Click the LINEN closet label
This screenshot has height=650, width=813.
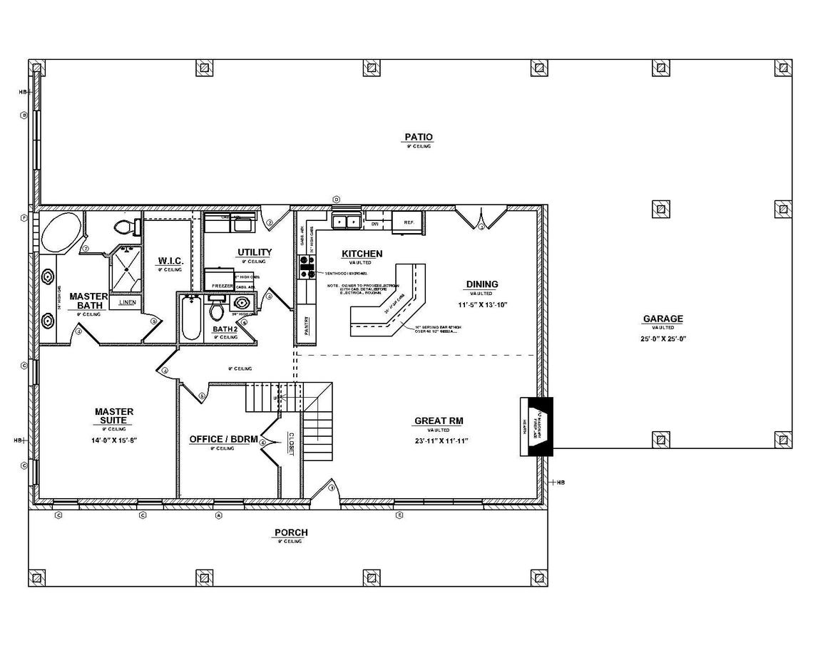coord(127,302)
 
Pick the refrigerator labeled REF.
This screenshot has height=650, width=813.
coord(409,222)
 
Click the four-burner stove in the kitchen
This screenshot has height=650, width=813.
coord(307,267)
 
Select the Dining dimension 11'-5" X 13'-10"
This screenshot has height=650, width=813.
coord(482,304)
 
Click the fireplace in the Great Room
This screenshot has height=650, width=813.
coord(536,425)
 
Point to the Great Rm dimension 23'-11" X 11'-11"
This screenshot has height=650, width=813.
coord(440,440)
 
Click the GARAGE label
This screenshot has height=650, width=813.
coord(663,319)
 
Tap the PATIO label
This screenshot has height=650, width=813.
coord(419,137)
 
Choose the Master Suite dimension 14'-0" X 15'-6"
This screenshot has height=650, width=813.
coord(114,440)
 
